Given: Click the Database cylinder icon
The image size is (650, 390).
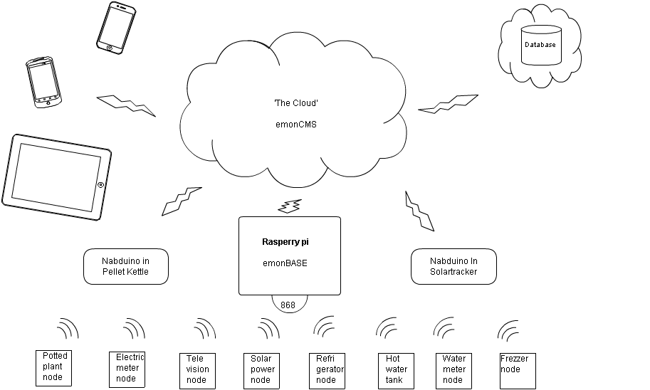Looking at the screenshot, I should coord(540,46).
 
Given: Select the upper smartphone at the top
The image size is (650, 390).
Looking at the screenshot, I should coord(116,27).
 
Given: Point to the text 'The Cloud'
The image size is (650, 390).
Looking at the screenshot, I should coord(295,103).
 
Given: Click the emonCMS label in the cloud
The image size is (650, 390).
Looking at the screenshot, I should coord(295,124).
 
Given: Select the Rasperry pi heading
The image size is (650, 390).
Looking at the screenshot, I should coord(285,242).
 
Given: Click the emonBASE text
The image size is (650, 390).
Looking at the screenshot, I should coord(285,263).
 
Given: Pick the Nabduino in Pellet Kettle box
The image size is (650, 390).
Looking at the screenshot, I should coord(126,266).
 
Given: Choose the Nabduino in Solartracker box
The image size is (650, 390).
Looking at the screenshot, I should coord(454,266).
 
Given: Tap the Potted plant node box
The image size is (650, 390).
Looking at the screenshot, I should coord(55,367).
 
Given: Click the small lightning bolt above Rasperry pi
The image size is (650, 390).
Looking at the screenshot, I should coord(288,207).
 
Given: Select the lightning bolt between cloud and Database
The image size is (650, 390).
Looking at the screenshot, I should coord(449,104).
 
